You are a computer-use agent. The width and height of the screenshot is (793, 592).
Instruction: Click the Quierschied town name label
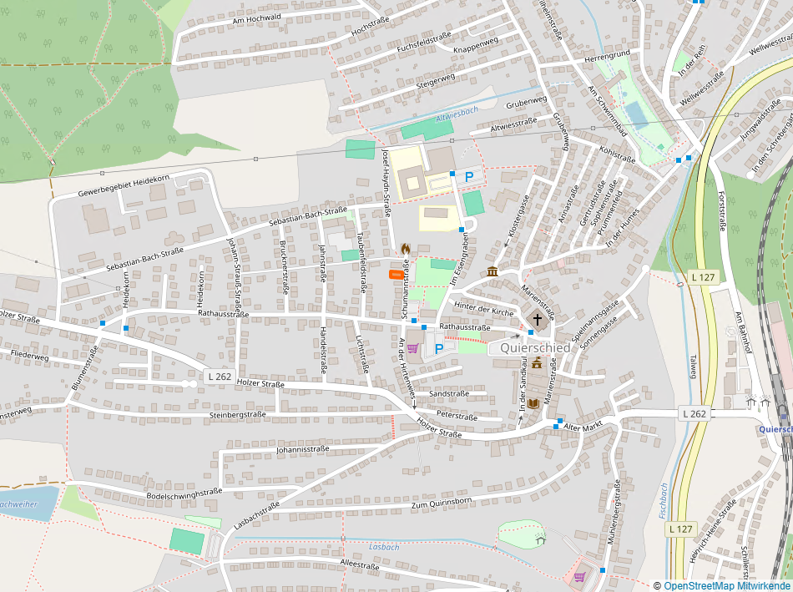(x=535, y=347)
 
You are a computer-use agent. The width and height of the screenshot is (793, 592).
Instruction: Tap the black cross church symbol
(x=538, y=320)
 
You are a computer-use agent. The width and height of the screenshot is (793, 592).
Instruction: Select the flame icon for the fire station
(x=405, y=249)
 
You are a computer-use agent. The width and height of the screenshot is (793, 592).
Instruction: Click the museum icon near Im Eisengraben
(x=492, y=271)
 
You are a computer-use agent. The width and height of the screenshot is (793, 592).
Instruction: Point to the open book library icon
(x=533, y=403)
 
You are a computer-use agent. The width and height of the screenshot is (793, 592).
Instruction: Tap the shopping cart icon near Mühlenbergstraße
(x=579, y=577)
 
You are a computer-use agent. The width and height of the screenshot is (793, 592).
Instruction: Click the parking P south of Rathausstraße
(x=438, y=348)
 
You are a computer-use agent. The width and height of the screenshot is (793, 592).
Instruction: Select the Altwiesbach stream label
(x=457, y=110)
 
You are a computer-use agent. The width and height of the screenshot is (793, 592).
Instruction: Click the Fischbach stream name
(x=664, y=500)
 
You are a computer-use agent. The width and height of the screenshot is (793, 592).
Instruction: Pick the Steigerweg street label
(x=436, y=80)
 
